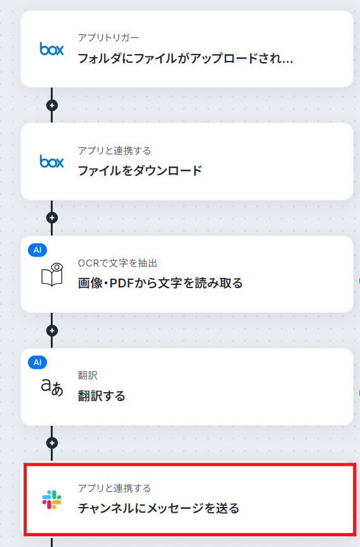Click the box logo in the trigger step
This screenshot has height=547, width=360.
coord(51,49)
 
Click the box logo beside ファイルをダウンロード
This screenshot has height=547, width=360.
coord(51,162)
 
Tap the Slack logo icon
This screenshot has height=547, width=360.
coord(51,499)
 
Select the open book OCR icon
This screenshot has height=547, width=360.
coord(52,275)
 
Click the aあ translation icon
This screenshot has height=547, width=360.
coord(52,387)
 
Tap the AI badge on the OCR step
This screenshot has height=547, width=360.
coord(37,250)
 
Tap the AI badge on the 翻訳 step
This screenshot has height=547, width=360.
coord(37,362)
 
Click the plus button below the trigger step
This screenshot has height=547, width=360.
coord(52,105)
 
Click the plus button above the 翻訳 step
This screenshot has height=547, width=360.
coord(52,331)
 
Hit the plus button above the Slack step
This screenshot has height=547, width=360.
coord(52,443)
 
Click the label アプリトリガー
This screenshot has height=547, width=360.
coord(109,37)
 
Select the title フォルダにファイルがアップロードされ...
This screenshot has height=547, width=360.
coord(180,58)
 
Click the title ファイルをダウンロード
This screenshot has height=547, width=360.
coord(140,171)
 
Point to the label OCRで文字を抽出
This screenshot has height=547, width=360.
coord(117,263)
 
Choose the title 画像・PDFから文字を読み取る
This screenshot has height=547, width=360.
coord(160,283)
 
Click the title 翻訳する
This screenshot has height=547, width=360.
coord(102,395)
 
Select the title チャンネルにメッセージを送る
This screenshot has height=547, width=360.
coord(159,508)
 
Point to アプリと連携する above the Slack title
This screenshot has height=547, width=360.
coord(114,488)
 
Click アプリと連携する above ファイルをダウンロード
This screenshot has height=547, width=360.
coord(114,150)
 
